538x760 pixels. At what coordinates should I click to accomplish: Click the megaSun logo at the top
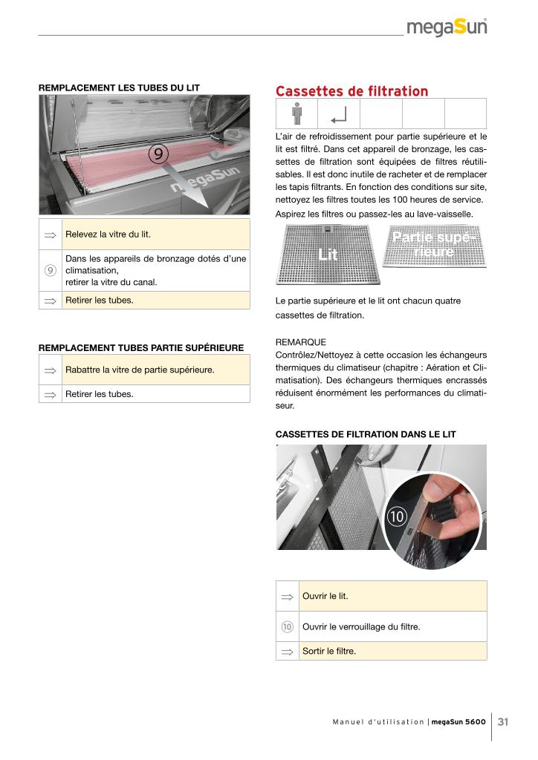(x=447, y=27)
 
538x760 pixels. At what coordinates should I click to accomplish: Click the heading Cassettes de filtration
(x=351, y=91)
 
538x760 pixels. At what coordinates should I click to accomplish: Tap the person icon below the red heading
(x=297, y=114)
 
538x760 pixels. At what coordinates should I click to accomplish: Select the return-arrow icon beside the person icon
(x=339, y=115)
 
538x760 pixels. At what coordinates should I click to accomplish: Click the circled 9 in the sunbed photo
(x=158, y=154)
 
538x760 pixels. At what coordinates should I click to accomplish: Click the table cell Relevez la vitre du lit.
(x=156, y=235)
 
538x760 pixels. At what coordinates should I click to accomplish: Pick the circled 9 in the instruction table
(x=51, y=270)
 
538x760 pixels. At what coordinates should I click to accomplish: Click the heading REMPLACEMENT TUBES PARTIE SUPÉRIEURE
(x=141, y=347)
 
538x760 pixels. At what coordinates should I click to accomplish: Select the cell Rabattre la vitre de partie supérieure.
(x=156, y=370)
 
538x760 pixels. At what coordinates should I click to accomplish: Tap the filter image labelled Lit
(x=328, y=255)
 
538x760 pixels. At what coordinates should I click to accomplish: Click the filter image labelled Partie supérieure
(x=434, y=246)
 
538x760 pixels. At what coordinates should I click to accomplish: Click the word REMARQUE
(x=301, y=342)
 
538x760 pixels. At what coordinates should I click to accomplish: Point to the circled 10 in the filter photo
(x=396, y=517)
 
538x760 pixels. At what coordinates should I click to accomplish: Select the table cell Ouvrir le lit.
(x=392, y=596)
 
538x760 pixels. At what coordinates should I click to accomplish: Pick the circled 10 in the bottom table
(x=287, y=626)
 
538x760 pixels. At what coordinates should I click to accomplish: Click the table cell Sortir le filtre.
(x=392, y=651)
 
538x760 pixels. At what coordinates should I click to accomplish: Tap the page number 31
(x=503, y=721)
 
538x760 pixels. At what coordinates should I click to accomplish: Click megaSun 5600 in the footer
(x=458, y=721)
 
